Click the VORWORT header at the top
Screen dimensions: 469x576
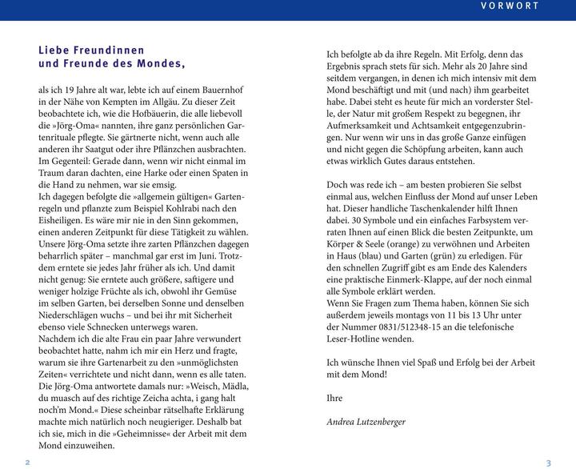[x=510, y=6]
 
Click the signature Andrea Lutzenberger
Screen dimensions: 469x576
[x=366, y=421]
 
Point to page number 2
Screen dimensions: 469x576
[x=27, y=462]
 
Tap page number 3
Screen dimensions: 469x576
[x=549, y=462]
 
